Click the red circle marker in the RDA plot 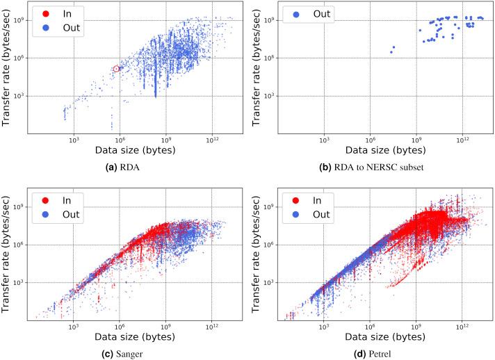[x=117, y=68]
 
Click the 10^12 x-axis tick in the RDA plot [x=213, y=140]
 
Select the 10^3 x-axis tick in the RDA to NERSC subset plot [x=324, y=140]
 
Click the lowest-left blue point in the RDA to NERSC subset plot [x=391, y=52]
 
